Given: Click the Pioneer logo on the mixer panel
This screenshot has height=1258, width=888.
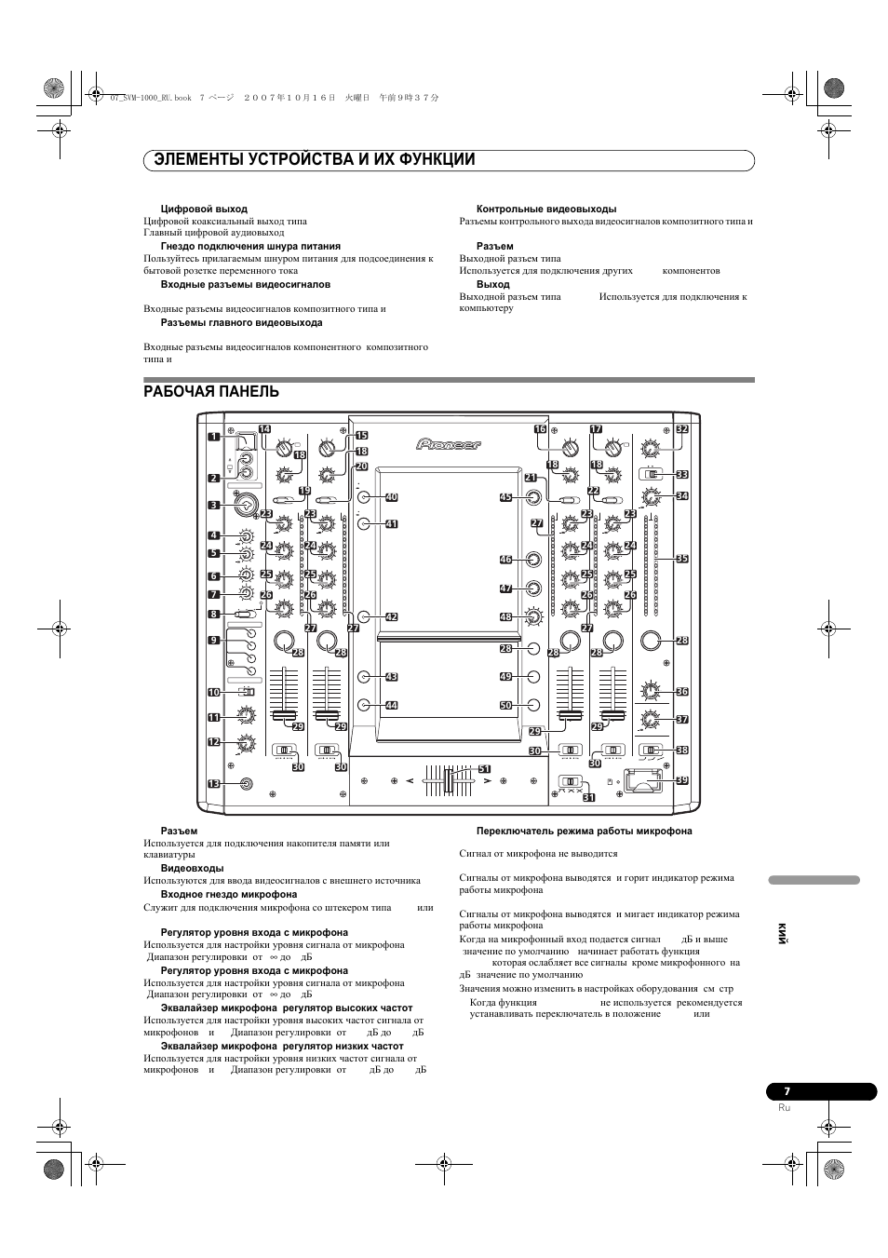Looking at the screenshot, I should click(x=449, y=445).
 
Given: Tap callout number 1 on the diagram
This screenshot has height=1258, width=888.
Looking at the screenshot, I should click(x=213, y=436).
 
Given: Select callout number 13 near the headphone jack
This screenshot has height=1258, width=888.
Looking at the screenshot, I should click(x=213, y=784).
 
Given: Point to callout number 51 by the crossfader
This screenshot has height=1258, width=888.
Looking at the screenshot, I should click(x=484, y=769).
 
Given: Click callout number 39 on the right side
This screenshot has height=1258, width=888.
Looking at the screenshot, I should click(x=681, y=780).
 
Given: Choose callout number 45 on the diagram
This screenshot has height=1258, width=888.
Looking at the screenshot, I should click(x=505, y=497).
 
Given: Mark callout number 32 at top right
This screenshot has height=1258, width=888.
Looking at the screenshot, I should click(x=681, y=429).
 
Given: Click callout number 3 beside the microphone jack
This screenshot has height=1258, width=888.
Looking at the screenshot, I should click(x=213, y=506).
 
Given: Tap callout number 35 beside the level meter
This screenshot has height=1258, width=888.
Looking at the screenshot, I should click(x=681, y=559).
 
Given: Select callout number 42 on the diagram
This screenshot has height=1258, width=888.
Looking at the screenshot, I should click(x=391, y=616).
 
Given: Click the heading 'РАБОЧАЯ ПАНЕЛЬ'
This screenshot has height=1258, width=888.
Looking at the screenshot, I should click(x=211, y=392).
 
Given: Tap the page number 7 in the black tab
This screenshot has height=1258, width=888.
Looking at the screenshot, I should click(x=787, y=1091).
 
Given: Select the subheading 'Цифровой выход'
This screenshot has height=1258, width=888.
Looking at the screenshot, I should click(x=204, y=209).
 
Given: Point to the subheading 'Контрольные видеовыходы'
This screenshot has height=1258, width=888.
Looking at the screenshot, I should click(x=546, y=209).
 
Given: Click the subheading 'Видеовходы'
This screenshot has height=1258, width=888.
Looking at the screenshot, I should click(x=192, y=868).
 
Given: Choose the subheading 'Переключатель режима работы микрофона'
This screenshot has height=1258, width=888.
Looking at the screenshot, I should click(x=584, y=831).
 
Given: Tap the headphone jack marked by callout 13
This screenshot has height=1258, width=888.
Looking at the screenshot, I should click(x=247, y=783).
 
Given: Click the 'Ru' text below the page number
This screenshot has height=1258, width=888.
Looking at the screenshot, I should click(x=784, y=1108).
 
